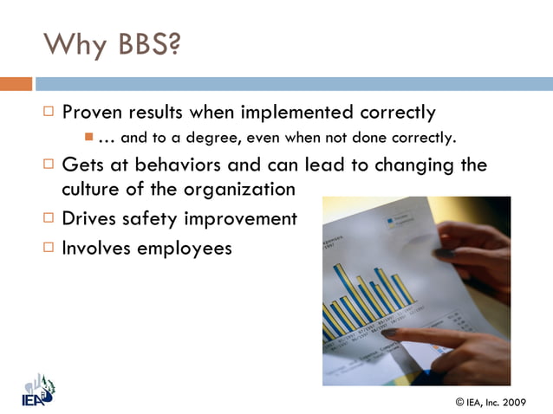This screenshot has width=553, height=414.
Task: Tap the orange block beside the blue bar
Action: pyautogui.click(x=16, y=84)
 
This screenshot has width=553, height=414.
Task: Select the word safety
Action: pyautogui.click(x=155, y=218)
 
